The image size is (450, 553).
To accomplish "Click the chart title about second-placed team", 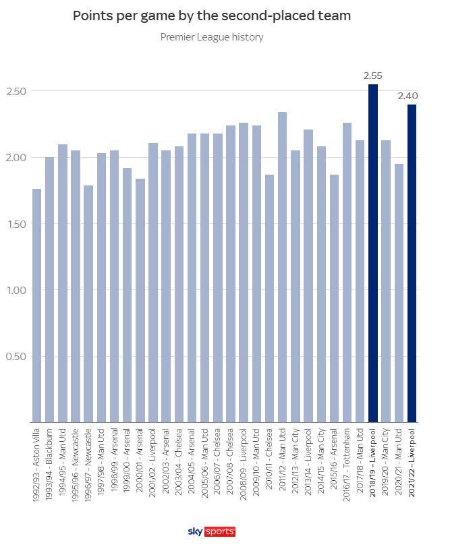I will pyautogui.click(x=211, y=16).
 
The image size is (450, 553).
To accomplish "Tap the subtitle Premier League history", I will pyautogui.click(x=211, y=37).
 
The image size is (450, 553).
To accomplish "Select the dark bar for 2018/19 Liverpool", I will pyautogui.click(x=372, y=253).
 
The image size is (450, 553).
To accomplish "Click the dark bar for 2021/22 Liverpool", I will pyautogui.click(x=412, y=263).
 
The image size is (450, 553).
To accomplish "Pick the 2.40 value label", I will pyautogui.click(x=407, y=96).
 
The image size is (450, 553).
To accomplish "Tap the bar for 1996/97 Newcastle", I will pyautogui.click(x=88, y=303).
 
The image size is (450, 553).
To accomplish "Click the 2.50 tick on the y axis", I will pyautogui.click(x=16, y=91).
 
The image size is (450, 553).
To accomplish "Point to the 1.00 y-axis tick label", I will pyautogui.click(x=16, y=290).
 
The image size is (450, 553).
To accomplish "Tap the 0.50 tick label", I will pyautogui.click(x=16, y=356).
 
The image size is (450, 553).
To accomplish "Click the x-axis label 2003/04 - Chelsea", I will pyautogui.click(x=179, y=463).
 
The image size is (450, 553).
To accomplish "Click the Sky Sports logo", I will pyautogui.click(x=211, y=532).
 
